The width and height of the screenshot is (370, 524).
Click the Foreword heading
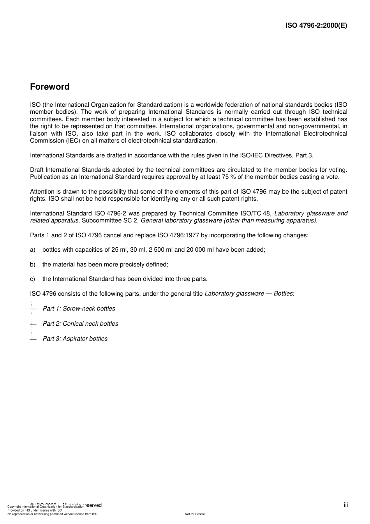tap(49, 87)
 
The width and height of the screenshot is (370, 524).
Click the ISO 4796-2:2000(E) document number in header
tap(316, 26)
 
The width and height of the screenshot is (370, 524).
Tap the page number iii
tap(345, 505)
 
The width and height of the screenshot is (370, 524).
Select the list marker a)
tap(33, 250)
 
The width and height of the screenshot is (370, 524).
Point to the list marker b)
tap(33, 265)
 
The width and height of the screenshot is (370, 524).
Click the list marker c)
tap(33, 279)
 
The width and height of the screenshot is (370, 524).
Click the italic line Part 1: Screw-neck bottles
tap(79, 309)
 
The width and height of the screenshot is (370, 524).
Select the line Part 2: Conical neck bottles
tap(80, 324)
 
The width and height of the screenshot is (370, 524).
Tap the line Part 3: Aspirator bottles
tap(75, 339)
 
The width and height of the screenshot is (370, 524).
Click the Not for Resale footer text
tap(195, 514)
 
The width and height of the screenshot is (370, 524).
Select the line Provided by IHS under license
tap(35, 510)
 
